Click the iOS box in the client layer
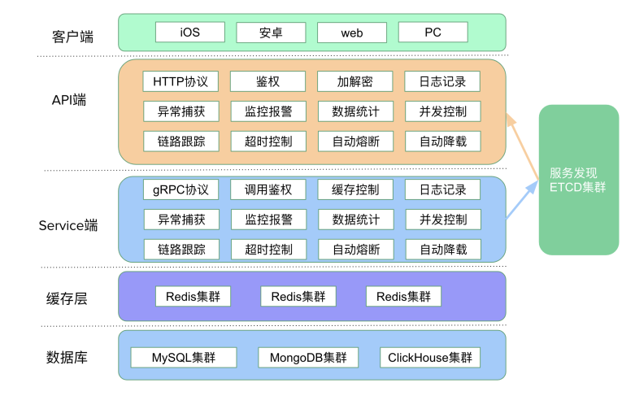[x=189, y=33]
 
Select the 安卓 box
[x=271, y=33]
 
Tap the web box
[x=351, y=33]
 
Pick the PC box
[x=433, y=33]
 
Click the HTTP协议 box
[x=180, y=81]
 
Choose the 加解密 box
[x=355, y=81]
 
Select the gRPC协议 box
[x=180, y=190]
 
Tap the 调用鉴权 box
[x=267, y=190]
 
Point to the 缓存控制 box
[x=355, y=190]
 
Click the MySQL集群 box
[x=183, y=358]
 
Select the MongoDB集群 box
[x=308, y=358]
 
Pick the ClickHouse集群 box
[x=429, y=358]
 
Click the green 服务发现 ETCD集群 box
[x=578, y=180]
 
